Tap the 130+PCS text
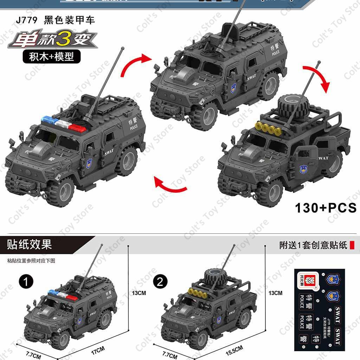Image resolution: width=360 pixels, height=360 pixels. click(x=326, y=208)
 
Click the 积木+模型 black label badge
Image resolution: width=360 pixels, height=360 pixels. click(x=52, y=56)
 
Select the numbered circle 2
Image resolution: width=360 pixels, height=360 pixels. click(x=160, y=281)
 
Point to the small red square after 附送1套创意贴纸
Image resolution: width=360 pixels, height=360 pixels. click(x=352, y=245)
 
